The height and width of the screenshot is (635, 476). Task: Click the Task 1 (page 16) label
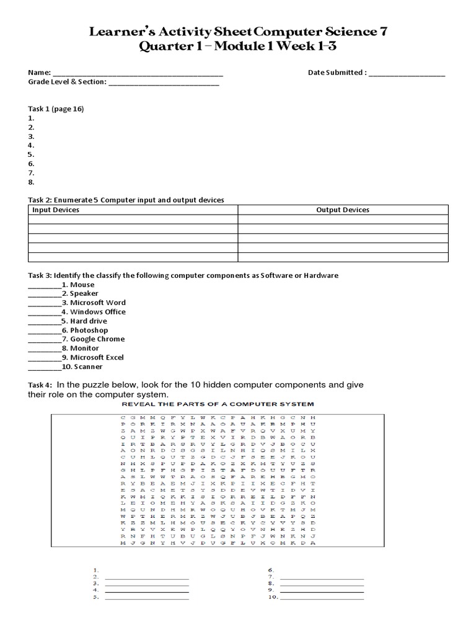56,109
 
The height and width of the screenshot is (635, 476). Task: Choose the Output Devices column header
342,210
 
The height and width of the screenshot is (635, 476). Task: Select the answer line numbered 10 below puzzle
322,599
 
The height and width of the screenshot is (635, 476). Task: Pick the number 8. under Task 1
31,182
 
